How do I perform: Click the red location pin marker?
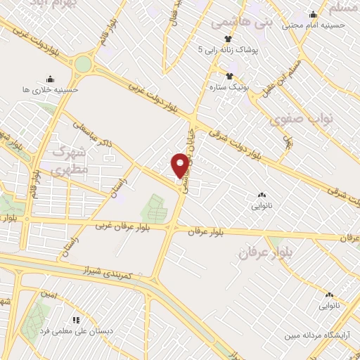pos(181,165)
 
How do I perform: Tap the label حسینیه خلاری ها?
pos(50,89)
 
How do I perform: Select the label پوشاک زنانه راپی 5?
pos(229,49)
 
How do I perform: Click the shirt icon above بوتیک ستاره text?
pos(229,76)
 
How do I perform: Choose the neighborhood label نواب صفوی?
pos(296,119)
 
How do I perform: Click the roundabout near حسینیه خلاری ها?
pos(83,65)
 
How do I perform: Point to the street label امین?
pos(49,294)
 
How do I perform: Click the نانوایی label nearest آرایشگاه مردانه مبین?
pos(329,305)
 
